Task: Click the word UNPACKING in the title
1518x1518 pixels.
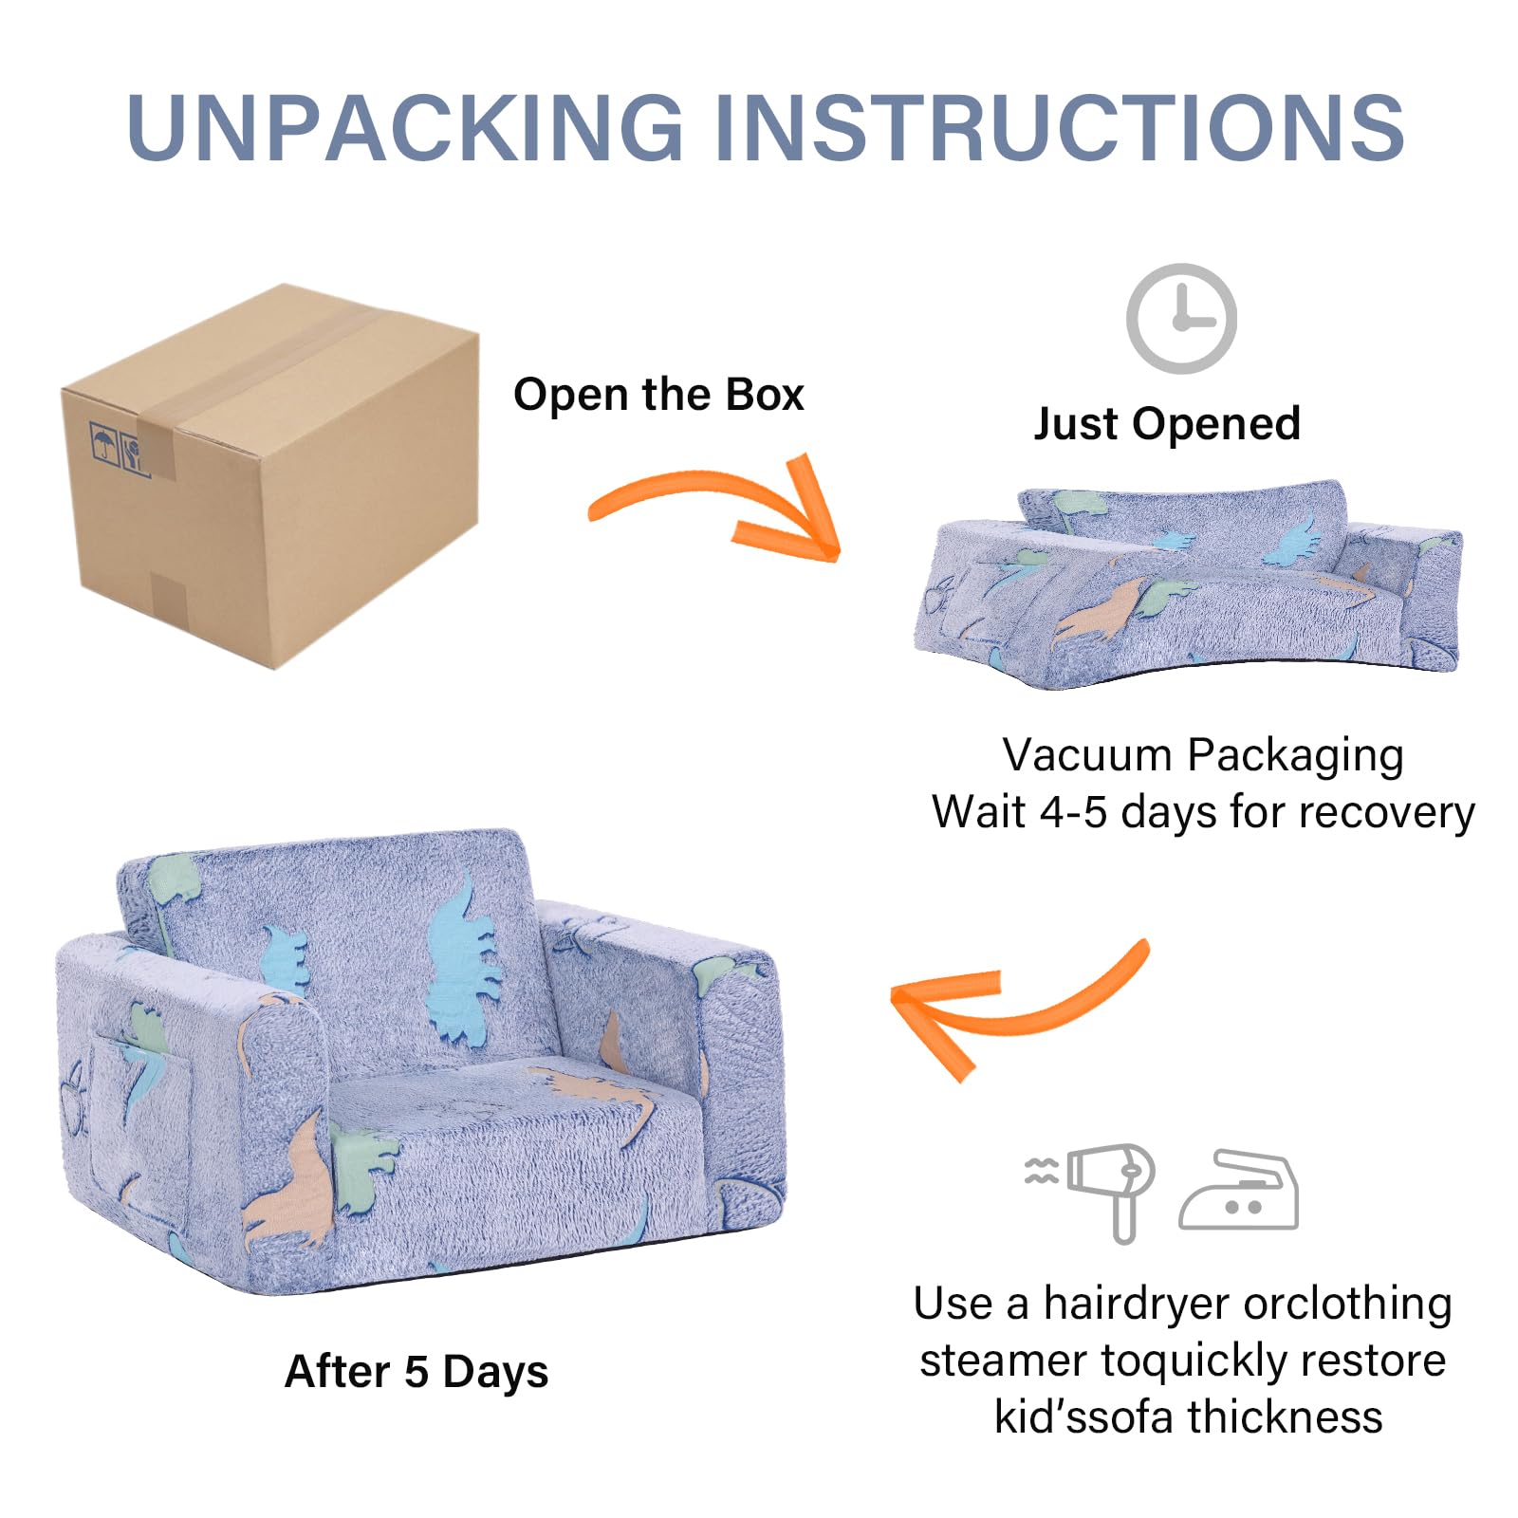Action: [405, 128]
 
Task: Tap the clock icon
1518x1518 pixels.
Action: [1181, 319]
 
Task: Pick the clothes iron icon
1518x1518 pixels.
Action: [1239, 1191]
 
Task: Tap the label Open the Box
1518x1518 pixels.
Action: [658, 395]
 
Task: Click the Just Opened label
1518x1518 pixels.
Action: [1167, 424]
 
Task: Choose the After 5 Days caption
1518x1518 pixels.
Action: [417, 1372]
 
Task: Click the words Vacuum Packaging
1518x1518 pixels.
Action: [1203, 756]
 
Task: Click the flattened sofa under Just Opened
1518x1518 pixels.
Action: [1186, 588]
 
